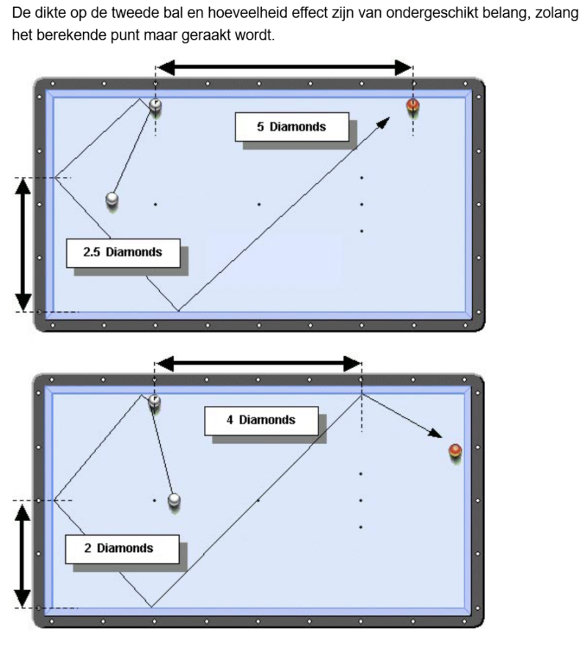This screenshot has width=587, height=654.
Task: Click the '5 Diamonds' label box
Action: click(x=291, y=127)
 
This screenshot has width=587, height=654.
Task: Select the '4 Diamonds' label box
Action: click(x=260, y=421)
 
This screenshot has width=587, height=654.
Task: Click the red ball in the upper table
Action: click(x=413, y=107)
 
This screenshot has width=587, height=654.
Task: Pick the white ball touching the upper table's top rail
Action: click(x=156, y=106)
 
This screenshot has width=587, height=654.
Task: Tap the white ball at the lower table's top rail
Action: click(x=155, y=401)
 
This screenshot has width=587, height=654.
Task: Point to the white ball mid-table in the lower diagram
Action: click(x=174, y=500)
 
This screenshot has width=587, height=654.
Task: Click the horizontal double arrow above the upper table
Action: click(x=285, y=68)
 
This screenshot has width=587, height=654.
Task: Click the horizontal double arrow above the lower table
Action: click(x=258, y=363)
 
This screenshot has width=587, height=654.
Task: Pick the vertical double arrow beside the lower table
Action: click(x=24, y=554)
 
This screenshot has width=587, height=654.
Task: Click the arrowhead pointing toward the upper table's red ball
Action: click(x=382, y=123)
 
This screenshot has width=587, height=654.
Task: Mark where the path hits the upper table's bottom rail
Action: click(x=178, y=311)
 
